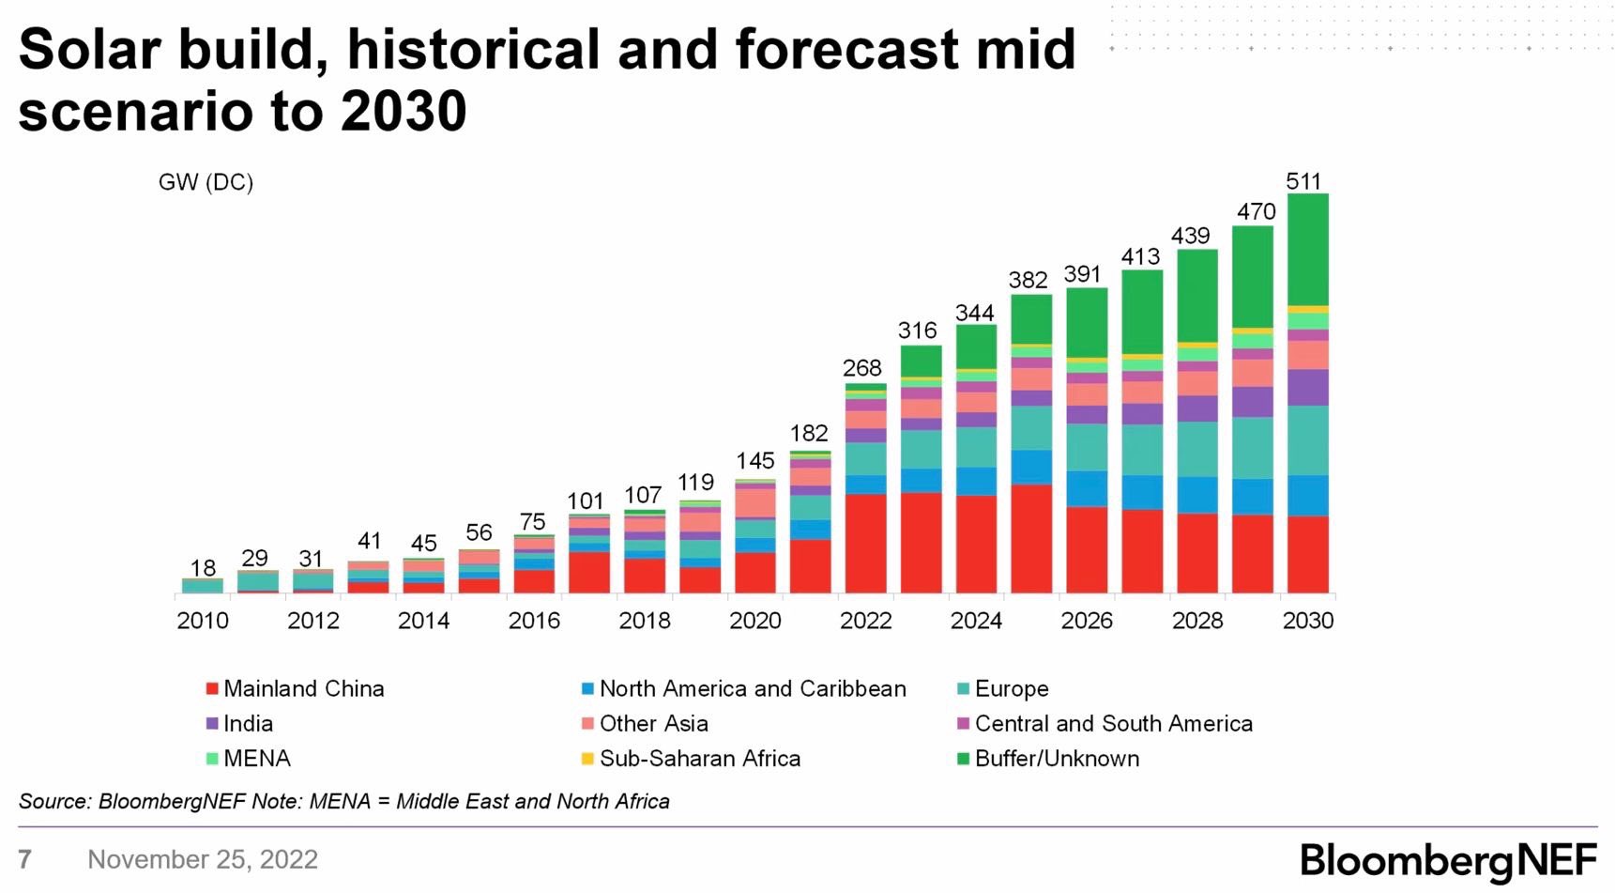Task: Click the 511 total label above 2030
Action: tap(1303, 181)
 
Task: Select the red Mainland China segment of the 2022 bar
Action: tap(865, 543)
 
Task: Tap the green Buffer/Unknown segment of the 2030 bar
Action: tap(1307, 249)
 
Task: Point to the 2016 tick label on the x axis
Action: tap(534, 621)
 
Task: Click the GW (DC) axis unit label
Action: tap(206, 182)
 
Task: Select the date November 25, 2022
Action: tap(203, 859)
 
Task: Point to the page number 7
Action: tap(25, 859)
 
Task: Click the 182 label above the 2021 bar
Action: tap(809, 434)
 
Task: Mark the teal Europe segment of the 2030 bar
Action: tap(1307, 440)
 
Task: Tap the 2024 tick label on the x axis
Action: tap(976, 621)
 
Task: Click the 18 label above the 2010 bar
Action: tap(203, 568)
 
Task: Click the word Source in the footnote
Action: tap(53, 802)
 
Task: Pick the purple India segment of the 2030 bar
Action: tap(1307, 387)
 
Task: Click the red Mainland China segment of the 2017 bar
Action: tap(589, 572)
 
